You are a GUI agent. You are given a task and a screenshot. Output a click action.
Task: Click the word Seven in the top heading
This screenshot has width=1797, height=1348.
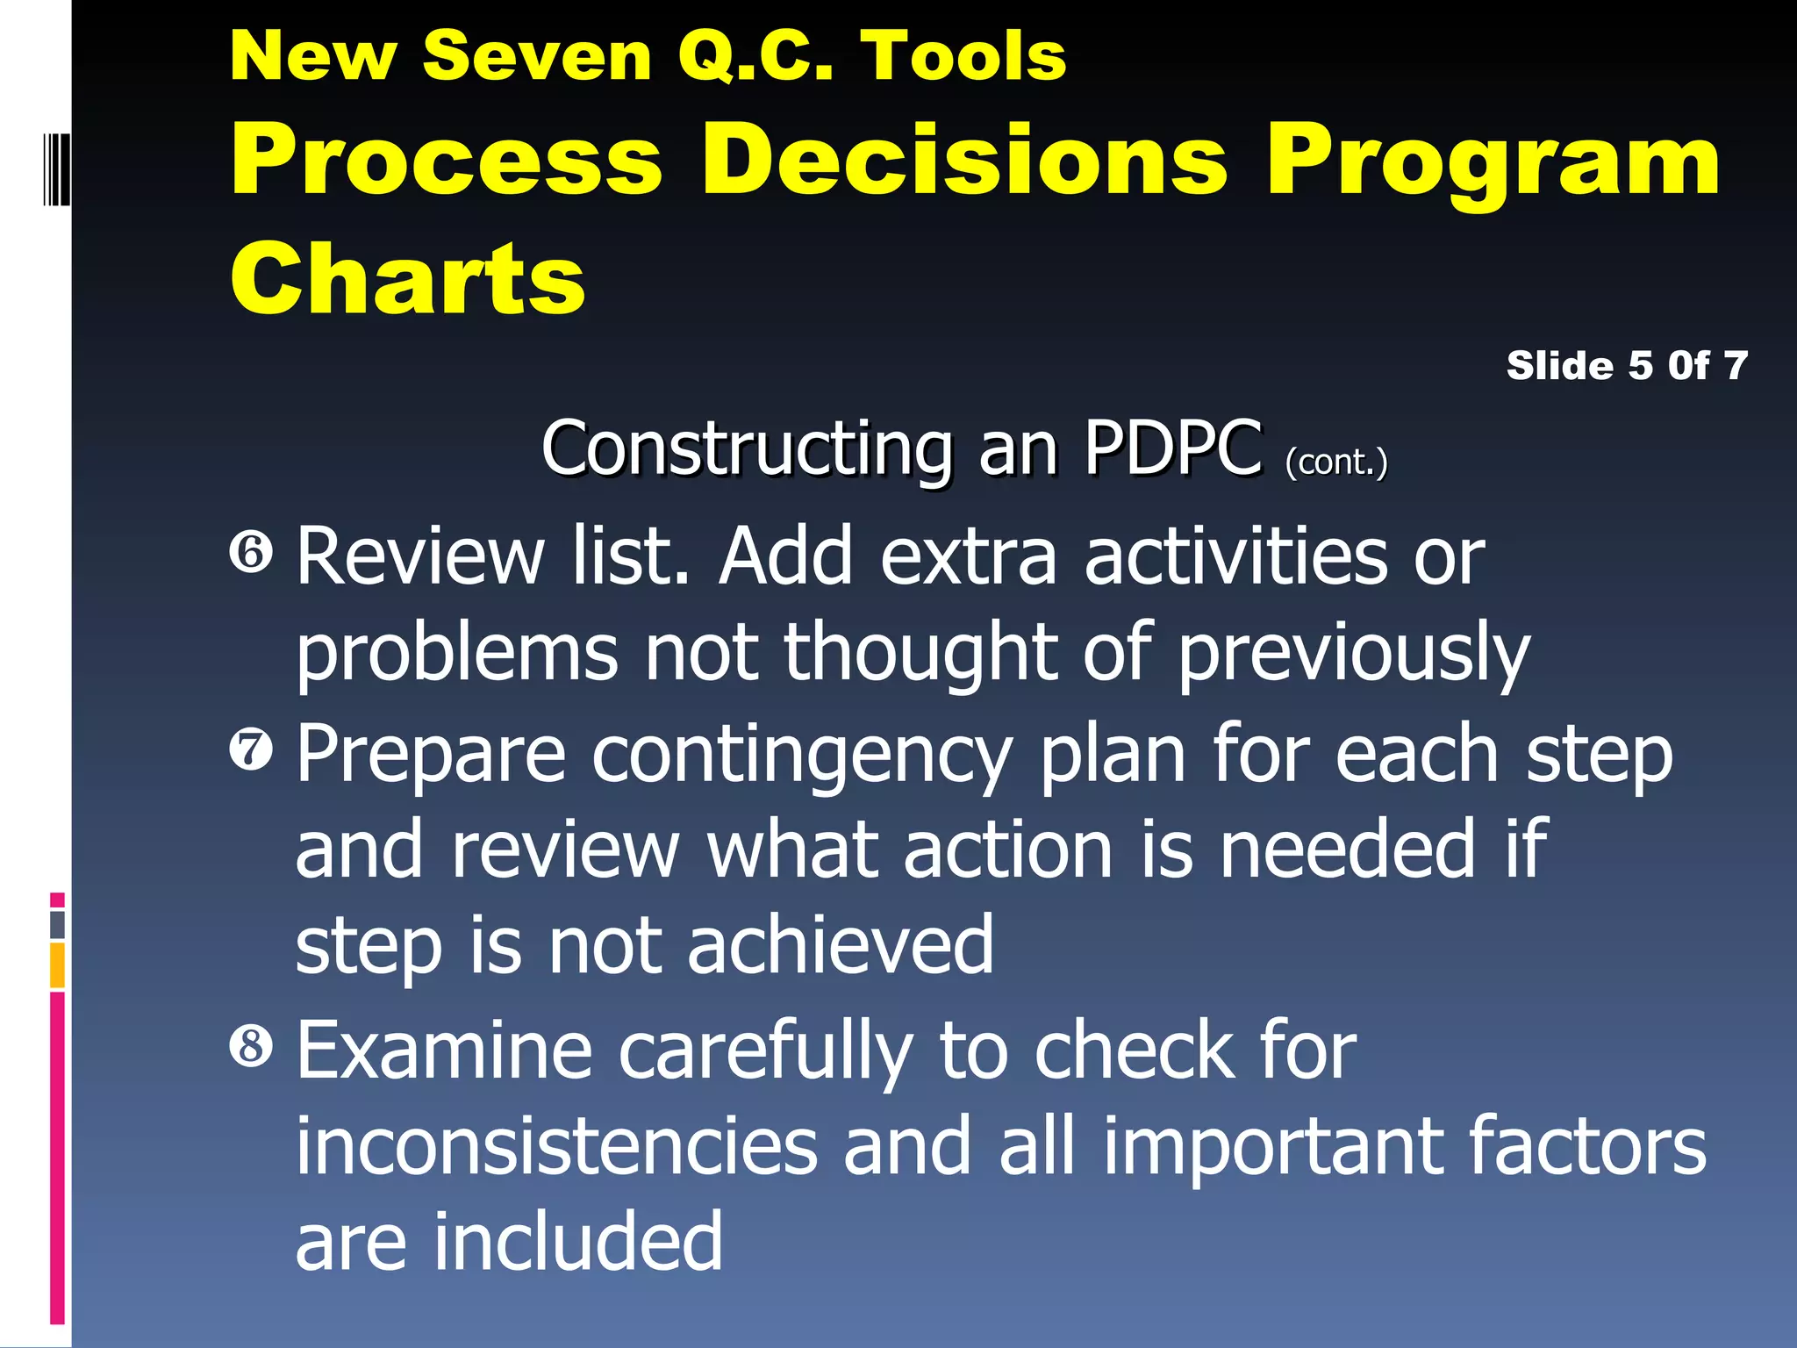click(536, 56)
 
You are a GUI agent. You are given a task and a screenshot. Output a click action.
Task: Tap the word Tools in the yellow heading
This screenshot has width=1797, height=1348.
click(963, 56)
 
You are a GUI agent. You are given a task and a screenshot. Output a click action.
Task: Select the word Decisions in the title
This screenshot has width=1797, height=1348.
click(964, 161)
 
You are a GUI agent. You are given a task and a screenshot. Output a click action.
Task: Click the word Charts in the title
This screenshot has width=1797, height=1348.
click(408, 279)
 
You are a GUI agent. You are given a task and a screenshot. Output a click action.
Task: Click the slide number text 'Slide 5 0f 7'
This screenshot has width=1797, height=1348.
click(1627, 366)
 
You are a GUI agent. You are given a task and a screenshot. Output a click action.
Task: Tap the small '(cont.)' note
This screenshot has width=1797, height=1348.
click(1336, 462)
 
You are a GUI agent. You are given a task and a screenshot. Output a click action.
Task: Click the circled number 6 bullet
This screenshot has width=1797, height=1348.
click(252, 553)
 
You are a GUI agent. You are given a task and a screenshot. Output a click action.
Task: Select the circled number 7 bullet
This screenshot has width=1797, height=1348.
click(252, 750)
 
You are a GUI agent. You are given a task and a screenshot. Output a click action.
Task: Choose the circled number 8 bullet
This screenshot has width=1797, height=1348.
click(252, 1046)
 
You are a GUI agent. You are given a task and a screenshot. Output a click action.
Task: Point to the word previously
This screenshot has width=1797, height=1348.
click(1353, 654)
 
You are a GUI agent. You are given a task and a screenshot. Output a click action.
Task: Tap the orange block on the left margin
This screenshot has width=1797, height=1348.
click(58, 964)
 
